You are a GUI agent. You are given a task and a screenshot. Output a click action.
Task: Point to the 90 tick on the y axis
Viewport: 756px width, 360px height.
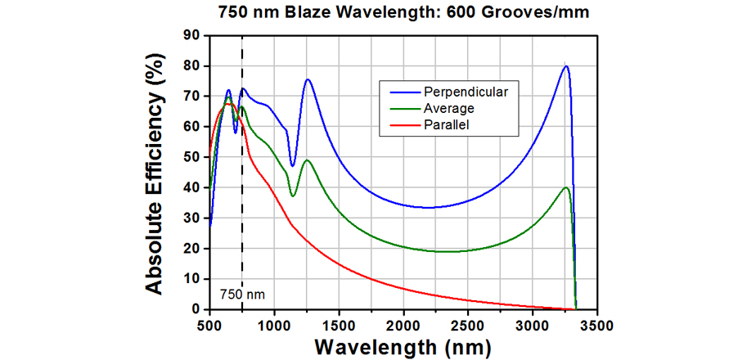coord(191,35)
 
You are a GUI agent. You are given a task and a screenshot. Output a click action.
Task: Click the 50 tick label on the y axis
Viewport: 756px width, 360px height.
coord(191,157)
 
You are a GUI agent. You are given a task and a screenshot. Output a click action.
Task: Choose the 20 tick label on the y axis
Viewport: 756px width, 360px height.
coord(191,249)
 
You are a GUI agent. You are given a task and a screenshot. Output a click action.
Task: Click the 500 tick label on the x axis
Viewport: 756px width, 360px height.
coord(210,325)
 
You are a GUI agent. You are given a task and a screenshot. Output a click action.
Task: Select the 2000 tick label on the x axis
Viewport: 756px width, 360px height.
coord(404,325)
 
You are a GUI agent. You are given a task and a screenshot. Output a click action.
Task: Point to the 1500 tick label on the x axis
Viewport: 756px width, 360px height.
coord(340,325)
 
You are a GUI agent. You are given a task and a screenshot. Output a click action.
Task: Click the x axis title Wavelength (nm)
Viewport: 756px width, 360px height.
coord(403,347)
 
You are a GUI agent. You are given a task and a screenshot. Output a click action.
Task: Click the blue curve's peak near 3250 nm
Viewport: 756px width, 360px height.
coord(565,66)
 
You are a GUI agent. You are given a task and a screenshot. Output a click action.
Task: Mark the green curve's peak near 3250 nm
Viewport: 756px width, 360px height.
coord(565,187)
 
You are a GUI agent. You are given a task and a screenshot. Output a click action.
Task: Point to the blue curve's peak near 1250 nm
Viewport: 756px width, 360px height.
coord(308,79)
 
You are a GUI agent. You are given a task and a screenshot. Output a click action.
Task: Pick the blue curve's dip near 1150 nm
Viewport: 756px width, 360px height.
coord(292,166)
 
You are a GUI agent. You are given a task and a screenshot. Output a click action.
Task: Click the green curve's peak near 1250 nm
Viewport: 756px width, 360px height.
coord(307,160)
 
